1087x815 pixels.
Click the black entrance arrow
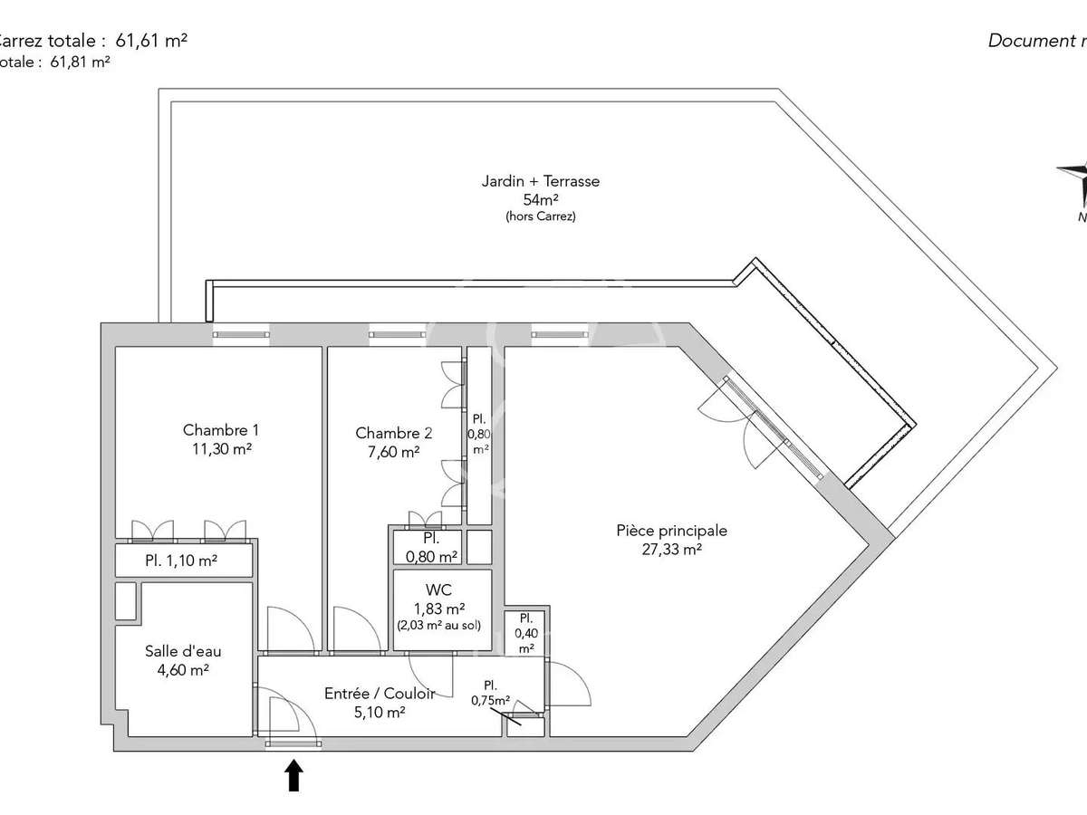[x=293, y=775]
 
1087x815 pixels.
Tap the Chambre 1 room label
[x=214, y=430]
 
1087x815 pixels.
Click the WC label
[x=438, y=590]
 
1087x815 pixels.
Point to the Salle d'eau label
[x=183, y=651]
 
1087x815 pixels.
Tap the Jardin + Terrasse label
[x=541, y=181]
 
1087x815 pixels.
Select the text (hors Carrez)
[x=541, y=217]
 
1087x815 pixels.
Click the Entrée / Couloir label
[x=380, y=694]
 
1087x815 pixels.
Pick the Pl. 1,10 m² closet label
[x=181, y=561]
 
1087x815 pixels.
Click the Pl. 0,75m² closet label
[x=490, y=693]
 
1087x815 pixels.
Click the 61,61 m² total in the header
[x=151, y=40]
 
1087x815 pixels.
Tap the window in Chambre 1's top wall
[x=241, y=334]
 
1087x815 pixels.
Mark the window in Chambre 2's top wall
[x=397, y=334]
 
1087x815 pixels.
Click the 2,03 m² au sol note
[x=438, y=626]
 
